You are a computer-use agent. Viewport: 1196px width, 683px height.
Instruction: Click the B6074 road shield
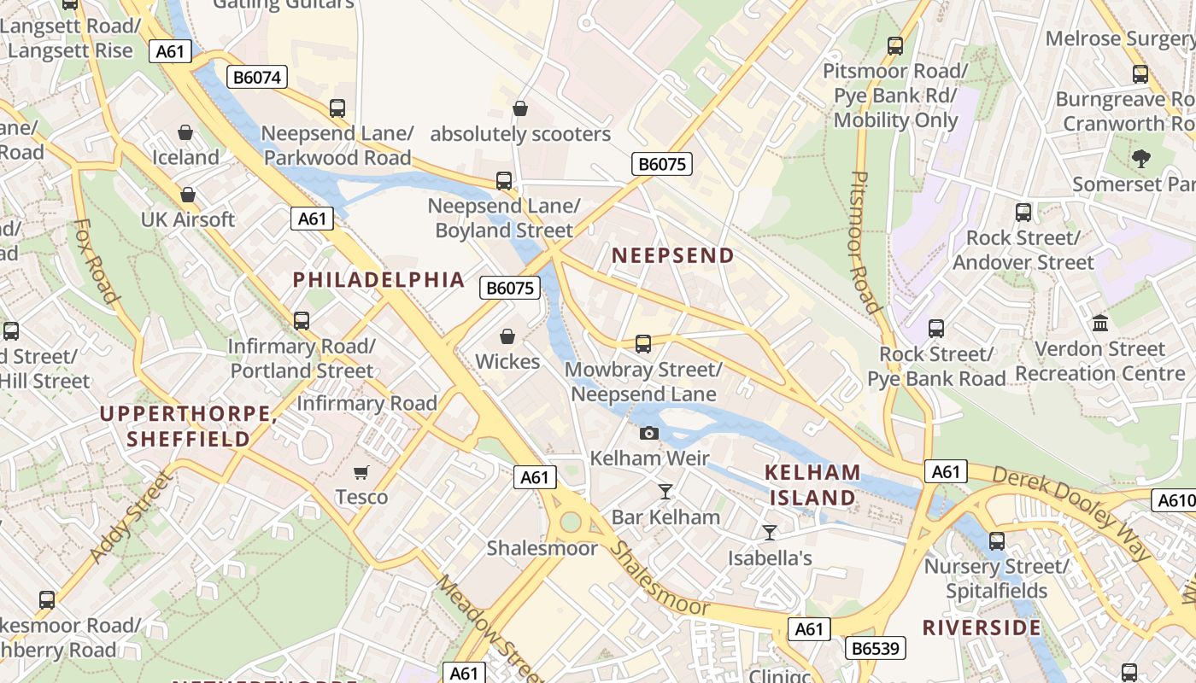[x=257, y=78]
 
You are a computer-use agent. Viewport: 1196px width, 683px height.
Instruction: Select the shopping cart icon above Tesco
[x=361, y=472]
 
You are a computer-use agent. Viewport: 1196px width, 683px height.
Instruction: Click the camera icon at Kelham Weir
[x=649, y=433]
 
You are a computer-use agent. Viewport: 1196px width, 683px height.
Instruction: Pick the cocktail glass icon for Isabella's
[x=770, y=533]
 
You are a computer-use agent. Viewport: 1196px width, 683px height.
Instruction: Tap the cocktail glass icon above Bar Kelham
[x=665, y=491]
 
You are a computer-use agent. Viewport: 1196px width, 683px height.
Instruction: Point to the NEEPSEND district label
[x=672, y=255]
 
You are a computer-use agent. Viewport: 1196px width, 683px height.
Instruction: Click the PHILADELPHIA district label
[x=378, y=279]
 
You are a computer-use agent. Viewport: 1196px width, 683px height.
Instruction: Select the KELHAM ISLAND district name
[x=812, y=485]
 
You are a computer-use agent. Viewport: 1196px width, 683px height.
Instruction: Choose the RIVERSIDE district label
[x=982, y=628]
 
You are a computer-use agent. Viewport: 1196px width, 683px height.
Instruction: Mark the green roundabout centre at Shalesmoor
[x=572, y=520]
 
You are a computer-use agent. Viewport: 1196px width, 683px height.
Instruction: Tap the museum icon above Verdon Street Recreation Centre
[x=1100, y=324]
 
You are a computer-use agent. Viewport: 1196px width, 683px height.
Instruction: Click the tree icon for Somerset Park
[x=1140, y=158]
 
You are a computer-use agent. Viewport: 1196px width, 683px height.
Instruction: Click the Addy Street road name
[x=131, y=518]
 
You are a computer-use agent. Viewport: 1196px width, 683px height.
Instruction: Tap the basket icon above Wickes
[x=507, y=336]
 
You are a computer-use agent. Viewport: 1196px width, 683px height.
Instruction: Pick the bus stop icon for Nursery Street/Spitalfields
[x=996, y=540]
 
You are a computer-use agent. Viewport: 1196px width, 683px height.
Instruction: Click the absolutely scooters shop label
[x=520, y=134]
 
